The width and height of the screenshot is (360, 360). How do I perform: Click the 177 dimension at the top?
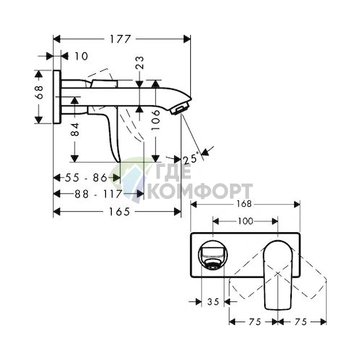click(x=120, y=30)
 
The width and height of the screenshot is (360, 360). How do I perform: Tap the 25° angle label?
click(x=191, y=158)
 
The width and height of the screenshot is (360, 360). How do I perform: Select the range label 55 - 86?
click(x=82, y=177)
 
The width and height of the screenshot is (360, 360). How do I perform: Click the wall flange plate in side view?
click(x=57, y=98)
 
